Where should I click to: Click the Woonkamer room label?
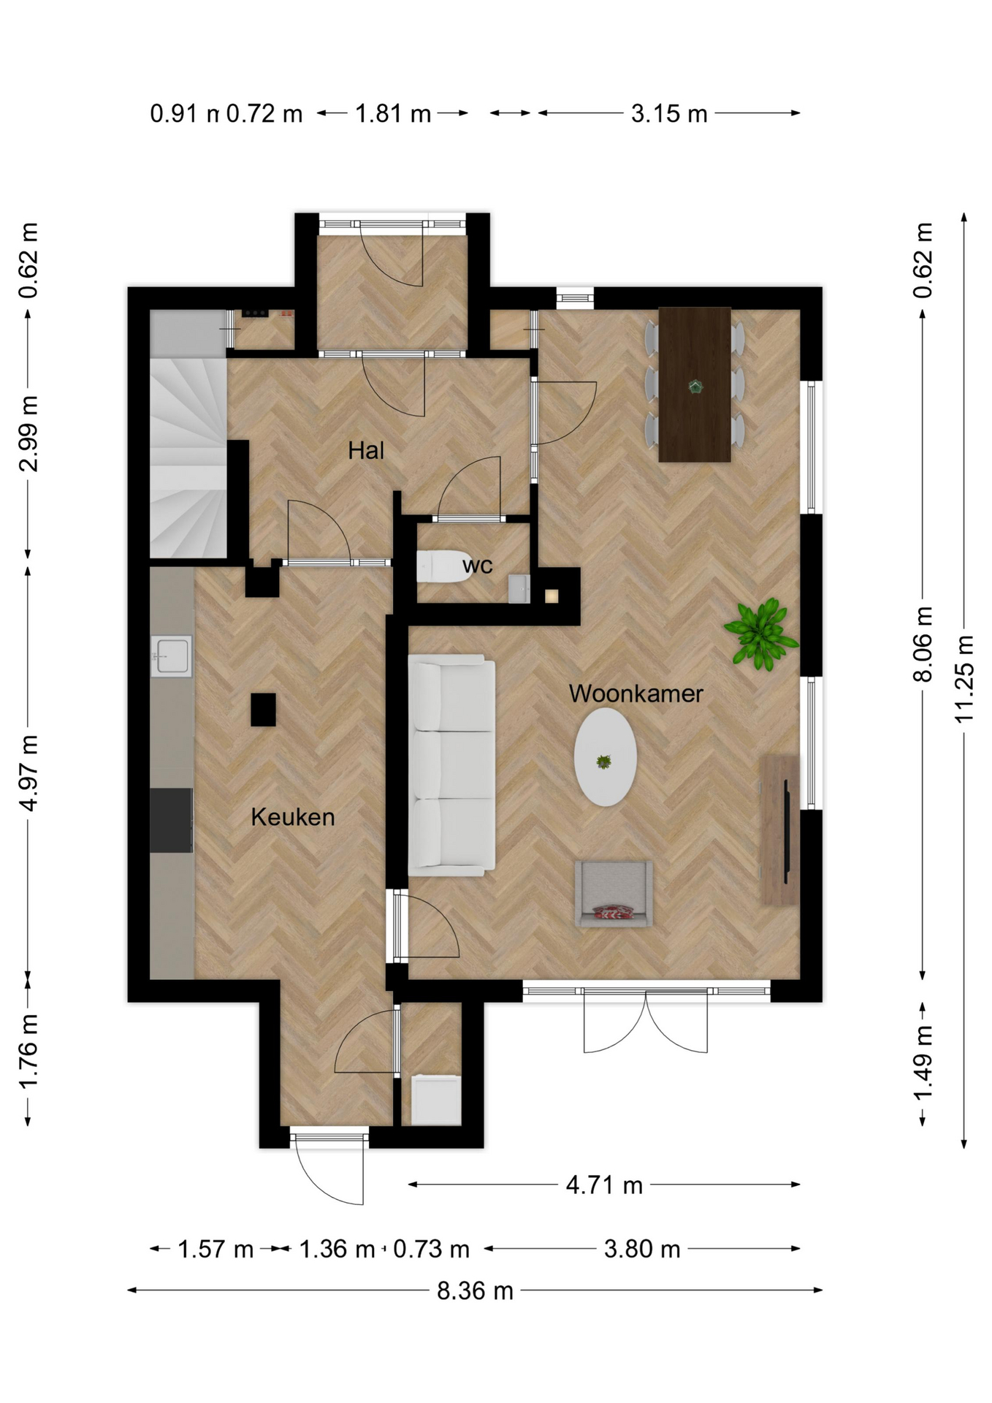click(x=636, y=693)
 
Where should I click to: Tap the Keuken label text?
click(x=293, y=817)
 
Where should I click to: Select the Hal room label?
click(x=366, y=450)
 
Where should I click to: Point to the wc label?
click(x=478, y=565)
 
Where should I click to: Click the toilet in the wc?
click(x=444, y=566)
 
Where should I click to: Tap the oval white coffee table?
click(x=605, y=758)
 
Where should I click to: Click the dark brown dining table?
click(x=695, y=384)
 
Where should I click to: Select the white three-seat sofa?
click(x=451, y=765)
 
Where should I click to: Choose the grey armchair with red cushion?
click(x=614, y=894)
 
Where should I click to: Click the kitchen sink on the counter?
click(x=172, y=655)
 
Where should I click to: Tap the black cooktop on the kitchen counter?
click(x=172, y=820)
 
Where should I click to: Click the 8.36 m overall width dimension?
click(x=476, y=1291)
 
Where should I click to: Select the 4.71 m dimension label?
click(x=605, y=1185)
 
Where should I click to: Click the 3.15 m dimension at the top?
click(x=669, y=113)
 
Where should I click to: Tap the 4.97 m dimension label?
click(x=28, y=773)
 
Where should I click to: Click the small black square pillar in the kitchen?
click(x=263, y=710)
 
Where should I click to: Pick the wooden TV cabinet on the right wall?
click(x=780, y=830)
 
